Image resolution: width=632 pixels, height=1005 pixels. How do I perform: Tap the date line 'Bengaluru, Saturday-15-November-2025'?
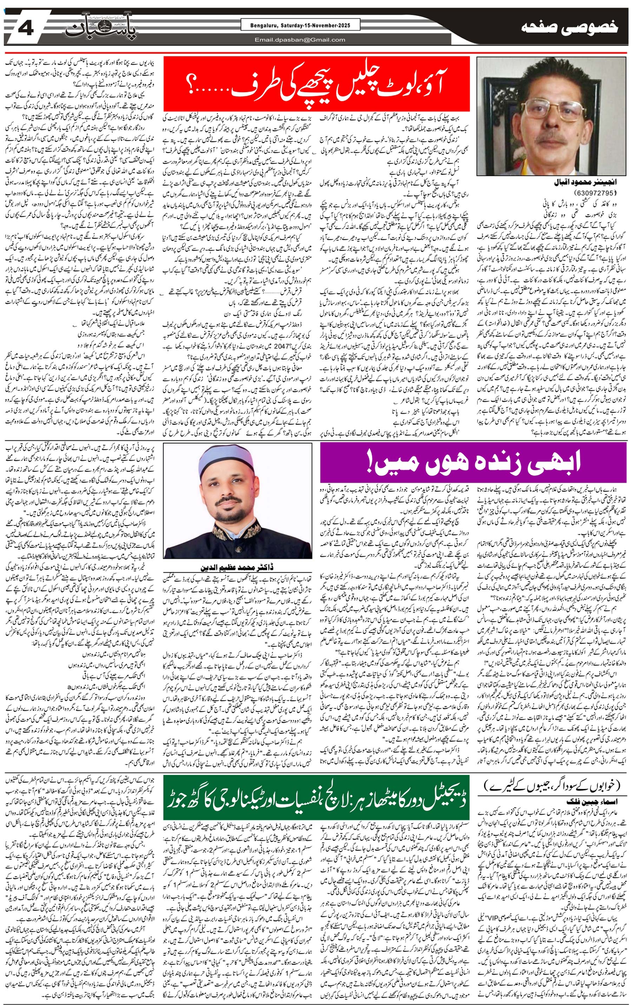coord(295,26)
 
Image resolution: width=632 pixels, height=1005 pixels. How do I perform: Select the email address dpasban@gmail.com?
coord(300,40)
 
